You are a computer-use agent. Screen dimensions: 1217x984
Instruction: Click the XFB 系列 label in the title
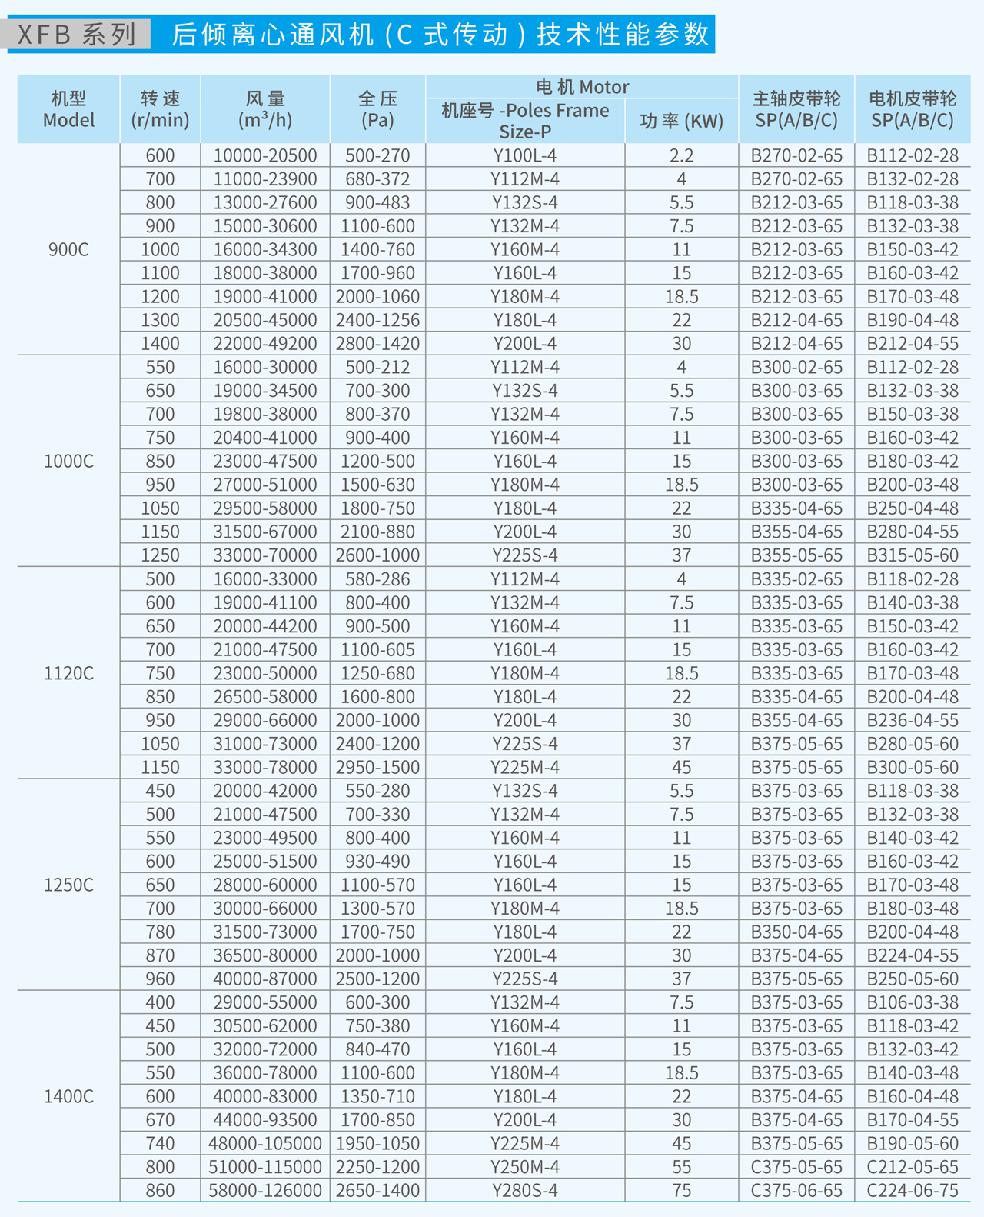point(77,35)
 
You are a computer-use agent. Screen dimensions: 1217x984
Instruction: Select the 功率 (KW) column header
point(681,121)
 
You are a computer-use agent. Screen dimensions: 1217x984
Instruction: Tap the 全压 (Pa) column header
point(377,109)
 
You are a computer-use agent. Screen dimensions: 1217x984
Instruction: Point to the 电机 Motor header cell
point(582,87)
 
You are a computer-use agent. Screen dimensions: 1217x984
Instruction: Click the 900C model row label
point(68,249)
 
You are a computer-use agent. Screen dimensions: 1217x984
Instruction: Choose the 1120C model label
point(68,673)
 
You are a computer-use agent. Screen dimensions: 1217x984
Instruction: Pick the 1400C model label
point(68,1096)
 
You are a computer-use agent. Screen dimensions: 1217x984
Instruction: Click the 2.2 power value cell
point(681,155)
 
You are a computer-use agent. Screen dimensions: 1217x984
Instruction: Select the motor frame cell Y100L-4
point(525,155)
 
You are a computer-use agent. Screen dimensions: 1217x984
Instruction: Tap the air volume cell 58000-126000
point(265,1190)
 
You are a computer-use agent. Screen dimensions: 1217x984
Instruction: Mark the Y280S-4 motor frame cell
point(525,1190)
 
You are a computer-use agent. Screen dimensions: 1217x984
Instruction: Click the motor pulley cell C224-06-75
point(913,1190)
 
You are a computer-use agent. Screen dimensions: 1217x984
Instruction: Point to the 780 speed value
point(160,932)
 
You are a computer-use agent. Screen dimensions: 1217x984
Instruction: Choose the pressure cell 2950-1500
point(377,767)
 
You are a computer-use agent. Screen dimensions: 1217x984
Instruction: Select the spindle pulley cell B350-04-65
point(796,932)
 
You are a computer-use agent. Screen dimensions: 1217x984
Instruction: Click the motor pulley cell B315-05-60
point(913,555)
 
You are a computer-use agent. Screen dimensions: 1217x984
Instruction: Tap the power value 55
point(681,1167)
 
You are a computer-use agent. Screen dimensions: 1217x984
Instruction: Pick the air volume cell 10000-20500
point(265,155)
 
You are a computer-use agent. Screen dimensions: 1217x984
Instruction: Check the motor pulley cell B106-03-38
point(913,1002)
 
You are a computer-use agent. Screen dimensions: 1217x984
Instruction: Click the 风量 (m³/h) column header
point(265,109)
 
